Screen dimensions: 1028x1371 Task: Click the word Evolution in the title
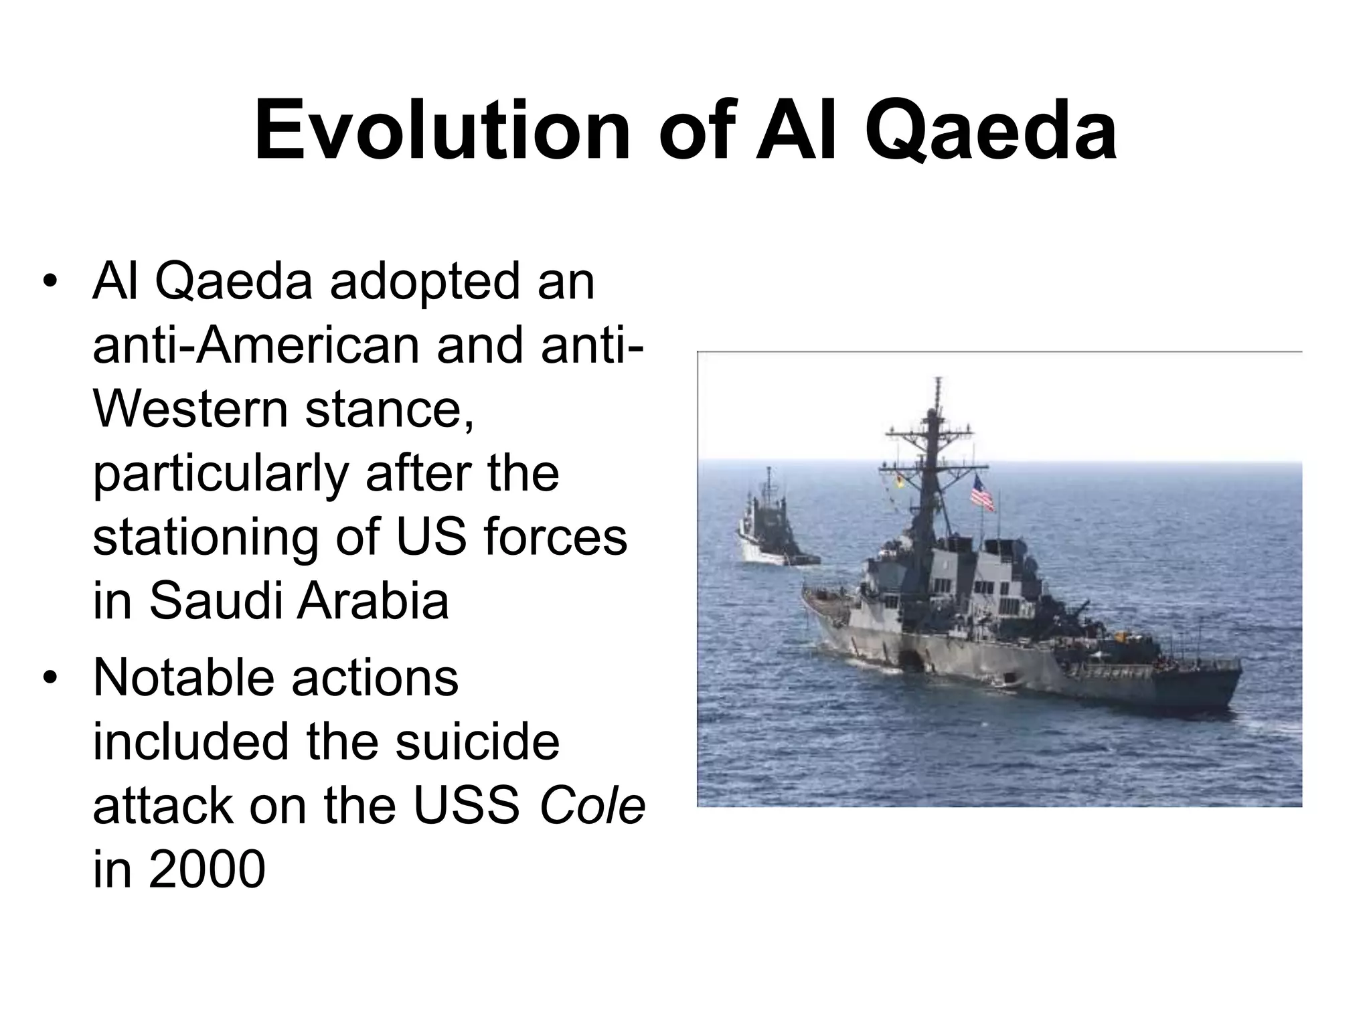[442, 131]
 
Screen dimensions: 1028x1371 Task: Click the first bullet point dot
[48, 281]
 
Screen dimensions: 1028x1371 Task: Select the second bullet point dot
[48, 679]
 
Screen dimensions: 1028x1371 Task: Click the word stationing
[205, 537]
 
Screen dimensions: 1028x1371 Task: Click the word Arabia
[373, 600]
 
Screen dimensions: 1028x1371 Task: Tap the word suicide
[477, 742]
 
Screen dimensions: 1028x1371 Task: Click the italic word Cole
[592, 806]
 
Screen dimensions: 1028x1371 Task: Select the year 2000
[207, 870]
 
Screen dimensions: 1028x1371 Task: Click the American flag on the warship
[982, 493]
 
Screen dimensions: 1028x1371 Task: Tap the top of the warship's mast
[938, 383]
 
